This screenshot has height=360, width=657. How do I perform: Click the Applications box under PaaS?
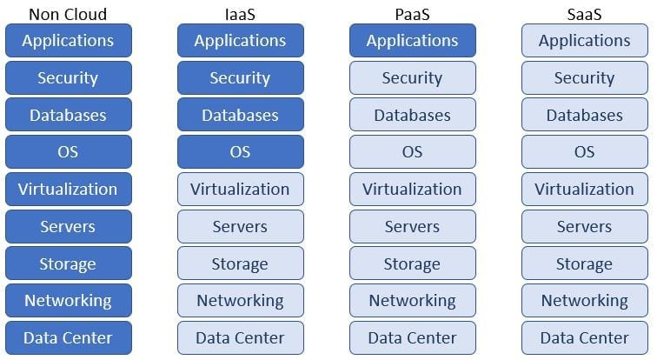412,41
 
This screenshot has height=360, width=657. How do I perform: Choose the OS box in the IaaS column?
240,152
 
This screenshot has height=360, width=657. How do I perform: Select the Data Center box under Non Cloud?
68,338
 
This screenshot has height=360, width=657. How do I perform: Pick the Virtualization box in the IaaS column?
240,190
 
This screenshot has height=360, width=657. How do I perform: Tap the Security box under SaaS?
584,78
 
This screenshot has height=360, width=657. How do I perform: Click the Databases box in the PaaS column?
412,115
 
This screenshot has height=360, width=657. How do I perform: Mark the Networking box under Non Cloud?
68,301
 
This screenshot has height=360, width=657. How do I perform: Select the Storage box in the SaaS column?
584,263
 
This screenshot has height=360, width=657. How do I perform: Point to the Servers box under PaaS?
412,227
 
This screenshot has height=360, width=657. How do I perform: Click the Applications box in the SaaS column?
584,41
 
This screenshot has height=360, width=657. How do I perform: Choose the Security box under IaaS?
240,78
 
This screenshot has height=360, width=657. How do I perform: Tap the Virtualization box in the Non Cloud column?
68,190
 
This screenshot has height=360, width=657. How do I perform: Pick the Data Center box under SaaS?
584,338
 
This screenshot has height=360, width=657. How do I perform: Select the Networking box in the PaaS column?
412,301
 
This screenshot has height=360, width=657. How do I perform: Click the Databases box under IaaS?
240,115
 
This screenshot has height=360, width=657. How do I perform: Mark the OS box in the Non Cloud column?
68,152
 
